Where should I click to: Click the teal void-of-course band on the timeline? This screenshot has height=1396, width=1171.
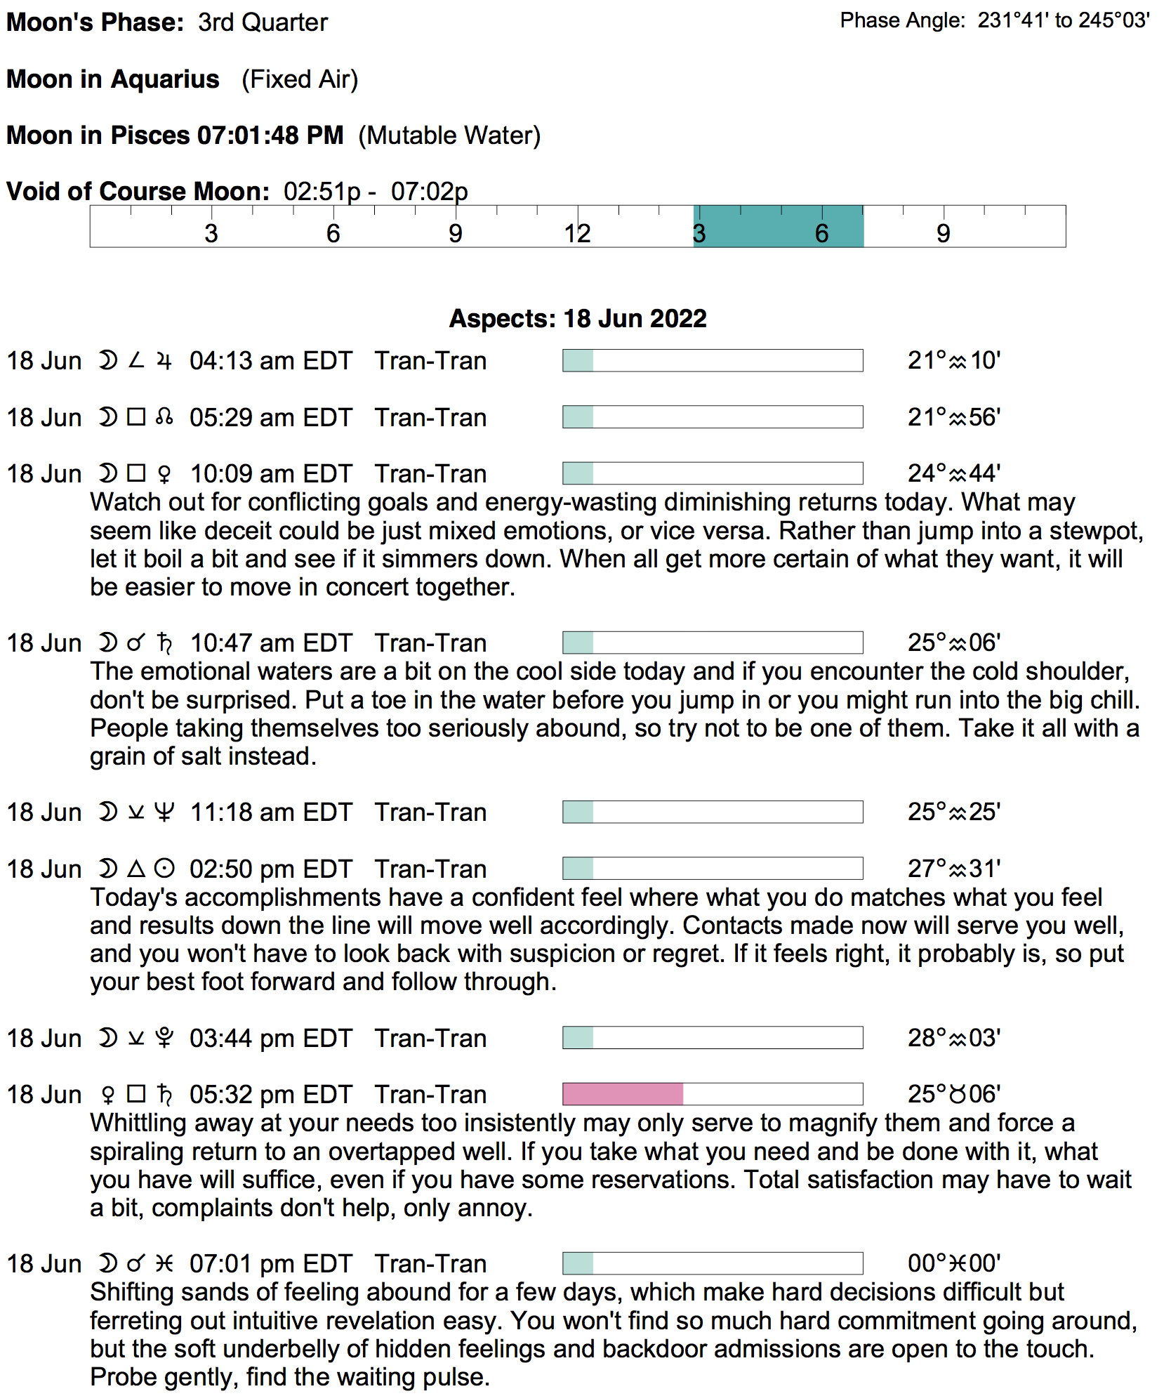[x=778, y=226]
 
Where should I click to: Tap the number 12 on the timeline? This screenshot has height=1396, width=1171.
[x=577, y=233]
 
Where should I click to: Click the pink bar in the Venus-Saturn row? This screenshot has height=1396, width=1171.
[x=623, y=1093]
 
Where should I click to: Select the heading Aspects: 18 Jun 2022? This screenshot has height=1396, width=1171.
[x=577, y=318]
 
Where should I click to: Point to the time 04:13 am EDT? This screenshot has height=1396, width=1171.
[x=270, y=360]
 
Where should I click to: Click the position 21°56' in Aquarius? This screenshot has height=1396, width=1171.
[x=953, y=417]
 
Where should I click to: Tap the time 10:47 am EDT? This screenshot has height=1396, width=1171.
[x=270, y=643]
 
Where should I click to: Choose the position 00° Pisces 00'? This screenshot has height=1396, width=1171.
[x=953, y=1263]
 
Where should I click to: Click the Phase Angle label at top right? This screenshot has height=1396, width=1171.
[x=903, y=20]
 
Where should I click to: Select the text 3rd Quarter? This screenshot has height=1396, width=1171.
[x=263, y=22]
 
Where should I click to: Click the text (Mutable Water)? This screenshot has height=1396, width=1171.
[x=449, y=135]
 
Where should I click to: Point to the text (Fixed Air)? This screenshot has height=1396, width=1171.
[x=300, y=79]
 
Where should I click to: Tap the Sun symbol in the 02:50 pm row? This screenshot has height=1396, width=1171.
[x=164, y=869]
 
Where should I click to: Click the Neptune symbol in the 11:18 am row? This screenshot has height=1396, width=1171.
[x=164, y=812]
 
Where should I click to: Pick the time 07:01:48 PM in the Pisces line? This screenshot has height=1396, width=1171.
[x=270, y=135]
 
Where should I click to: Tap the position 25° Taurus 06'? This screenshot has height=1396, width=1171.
[x=953, y=1094]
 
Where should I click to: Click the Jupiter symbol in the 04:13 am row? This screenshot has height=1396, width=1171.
[x=164, y=361]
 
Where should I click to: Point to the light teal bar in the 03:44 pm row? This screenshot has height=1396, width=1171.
[x=578, y=1037]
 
